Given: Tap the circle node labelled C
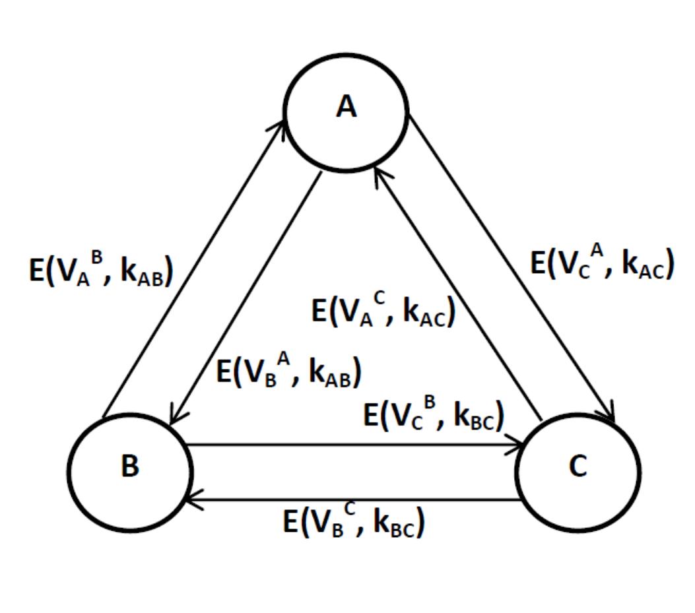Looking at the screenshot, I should pos(578,470).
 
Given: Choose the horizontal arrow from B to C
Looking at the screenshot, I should pos(356,445).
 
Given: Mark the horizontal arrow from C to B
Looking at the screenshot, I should pos(356,500).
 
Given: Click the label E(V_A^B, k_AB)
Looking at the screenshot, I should pos(101,271).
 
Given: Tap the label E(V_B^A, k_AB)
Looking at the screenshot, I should pos(289,372).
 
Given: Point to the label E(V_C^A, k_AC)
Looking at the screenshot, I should pos(602,263).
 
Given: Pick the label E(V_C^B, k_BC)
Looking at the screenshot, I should pos(434,415).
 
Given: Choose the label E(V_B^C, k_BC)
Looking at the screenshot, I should pos(354,523).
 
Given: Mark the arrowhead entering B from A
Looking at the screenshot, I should pos(173,420).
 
